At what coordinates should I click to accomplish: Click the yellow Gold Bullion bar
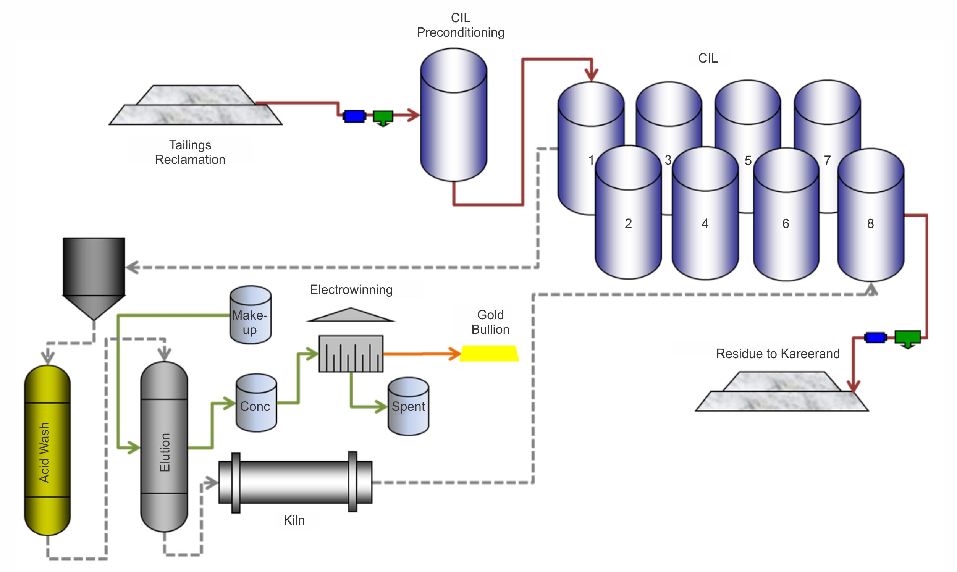click(489, 354)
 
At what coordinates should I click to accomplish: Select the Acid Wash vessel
click(47, 450)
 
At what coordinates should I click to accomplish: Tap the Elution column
click(164, 447)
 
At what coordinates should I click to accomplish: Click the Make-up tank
click(251, 315)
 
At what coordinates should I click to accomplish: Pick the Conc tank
click(256, 403)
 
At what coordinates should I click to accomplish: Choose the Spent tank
click(408, 406)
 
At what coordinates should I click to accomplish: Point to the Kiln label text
click(294, 520)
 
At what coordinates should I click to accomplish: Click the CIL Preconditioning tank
click(454, 116)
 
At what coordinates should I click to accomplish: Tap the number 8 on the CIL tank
click(870, 223)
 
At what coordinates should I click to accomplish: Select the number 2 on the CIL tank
click(628, 223)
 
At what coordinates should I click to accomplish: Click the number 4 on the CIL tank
click(705, 223)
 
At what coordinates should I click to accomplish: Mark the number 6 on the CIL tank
click(786, 223)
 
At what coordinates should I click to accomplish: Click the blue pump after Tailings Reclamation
click(354, 116)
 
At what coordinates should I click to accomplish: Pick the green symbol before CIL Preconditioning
click(383, 117)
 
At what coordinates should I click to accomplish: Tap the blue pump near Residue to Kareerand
click(875, 338)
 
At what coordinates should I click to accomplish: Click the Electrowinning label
click(351, 290)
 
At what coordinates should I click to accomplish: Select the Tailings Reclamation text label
click(190, 152)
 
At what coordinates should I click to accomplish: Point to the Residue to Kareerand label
click(778, 354)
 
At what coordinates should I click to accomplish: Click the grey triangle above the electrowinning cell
click(351, 315)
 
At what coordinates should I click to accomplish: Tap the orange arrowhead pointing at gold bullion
click(455, 354)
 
